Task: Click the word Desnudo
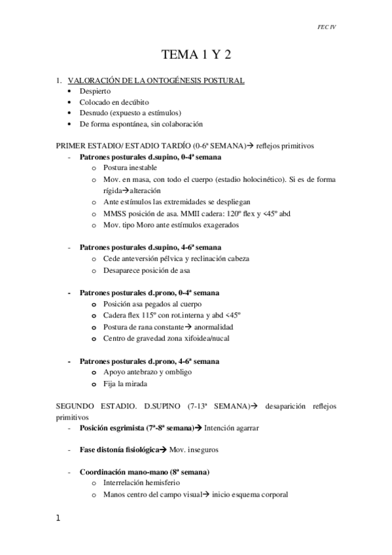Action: coord(92,113)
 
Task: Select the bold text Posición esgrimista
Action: coord(111,429)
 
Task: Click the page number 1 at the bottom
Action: coord(58,518)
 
